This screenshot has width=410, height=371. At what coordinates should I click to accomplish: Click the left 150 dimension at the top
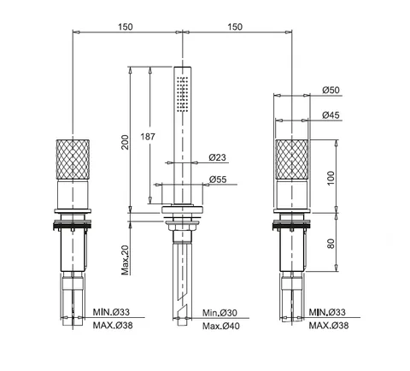(x=126, y=26)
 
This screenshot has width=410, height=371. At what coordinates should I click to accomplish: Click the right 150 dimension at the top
(x=235, y=26)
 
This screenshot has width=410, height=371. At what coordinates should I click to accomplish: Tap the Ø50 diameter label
(x=331, y=90)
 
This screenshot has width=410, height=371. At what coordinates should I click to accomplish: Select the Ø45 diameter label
(x=331, y=115)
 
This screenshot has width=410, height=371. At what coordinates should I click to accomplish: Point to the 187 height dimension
(x=148, y=137)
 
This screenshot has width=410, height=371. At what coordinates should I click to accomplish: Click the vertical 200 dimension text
(x=125, y=142)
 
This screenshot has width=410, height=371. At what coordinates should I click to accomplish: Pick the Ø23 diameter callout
(x=217, y=157)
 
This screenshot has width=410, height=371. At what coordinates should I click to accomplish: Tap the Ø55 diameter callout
(x=218, y=180)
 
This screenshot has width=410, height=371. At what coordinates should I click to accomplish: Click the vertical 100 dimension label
(x=331, y=178)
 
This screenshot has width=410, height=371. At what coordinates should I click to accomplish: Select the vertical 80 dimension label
(x=331, y=244)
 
